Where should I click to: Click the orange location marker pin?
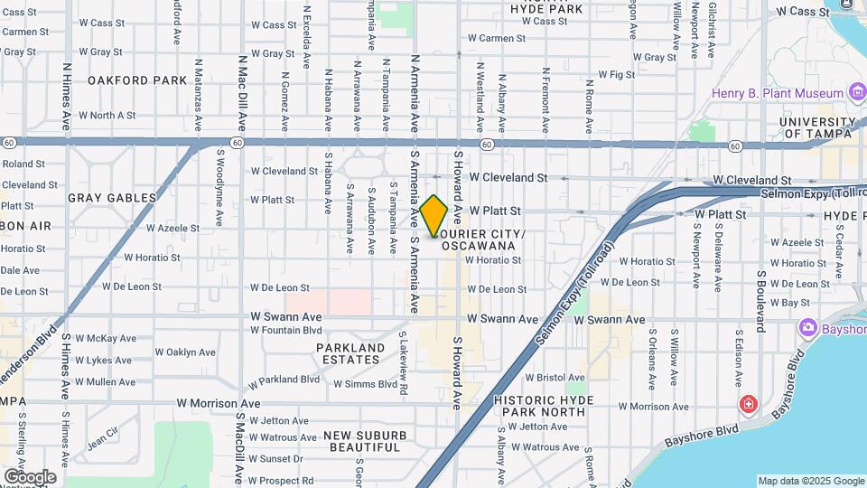point(433,215)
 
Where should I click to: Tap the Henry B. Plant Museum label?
point(764,93)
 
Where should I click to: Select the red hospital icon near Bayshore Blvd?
point(748,404)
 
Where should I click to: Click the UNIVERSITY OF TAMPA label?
point(817,127)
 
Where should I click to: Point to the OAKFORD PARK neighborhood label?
point(137,80)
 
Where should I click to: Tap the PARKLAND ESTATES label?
point(350,353)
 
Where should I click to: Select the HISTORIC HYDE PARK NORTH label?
point(540,405)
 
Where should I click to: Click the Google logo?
point(30,476)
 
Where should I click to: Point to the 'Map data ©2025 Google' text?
point(811,481)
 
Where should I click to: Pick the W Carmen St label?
point(496,39)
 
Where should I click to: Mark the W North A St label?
point(107,116)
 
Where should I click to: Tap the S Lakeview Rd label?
point(404,353)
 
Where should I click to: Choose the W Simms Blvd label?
point(365,384)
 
